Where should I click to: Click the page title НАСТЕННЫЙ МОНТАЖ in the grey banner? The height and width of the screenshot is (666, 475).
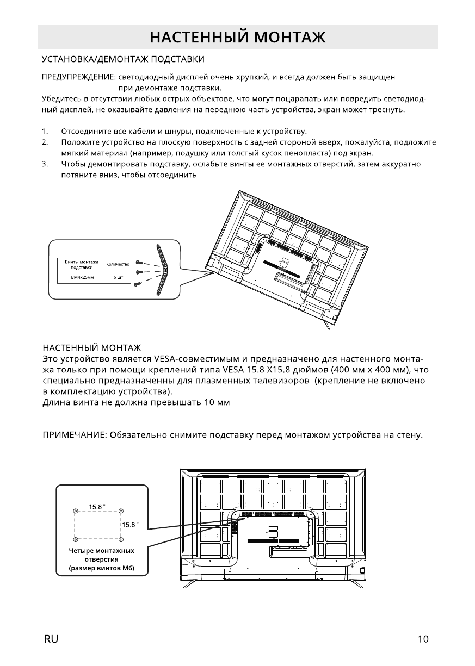[237, 37]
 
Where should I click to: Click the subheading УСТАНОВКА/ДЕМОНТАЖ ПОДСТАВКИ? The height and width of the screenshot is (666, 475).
[124, 58]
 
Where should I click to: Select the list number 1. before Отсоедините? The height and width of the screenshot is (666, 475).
[45, 132]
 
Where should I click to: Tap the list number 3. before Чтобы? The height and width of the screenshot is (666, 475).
[45, 164]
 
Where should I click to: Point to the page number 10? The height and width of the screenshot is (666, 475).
[423, 639]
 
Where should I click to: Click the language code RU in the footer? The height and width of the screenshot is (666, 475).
[51, 639]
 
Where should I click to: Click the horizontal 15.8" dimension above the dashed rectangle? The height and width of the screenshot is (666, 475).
[97, 507]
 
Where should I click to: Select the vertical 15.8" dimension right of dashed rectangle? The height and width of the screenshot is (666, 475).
[130, 525]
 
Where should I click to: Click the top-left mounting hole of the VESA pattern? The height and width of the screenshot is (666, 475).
[75, 511]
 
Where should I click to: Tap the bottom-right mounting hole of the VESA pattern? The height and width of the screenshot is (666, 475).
[121, 539]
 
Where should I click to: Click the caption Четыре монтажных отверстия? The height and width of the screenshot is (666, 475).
[101, 555]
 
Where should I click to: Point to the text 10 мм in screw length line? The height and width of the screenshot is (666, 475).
[218, 402]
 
